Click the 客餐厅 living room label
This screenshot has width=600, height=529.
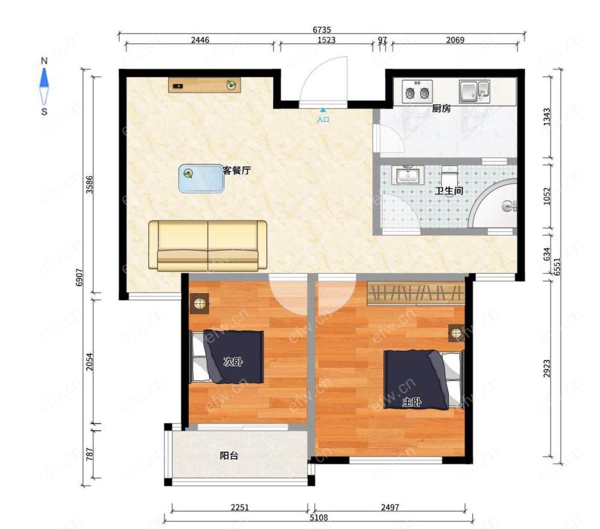coord(236,170)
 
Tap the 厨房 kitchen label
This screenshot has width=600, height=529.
coord(441,109)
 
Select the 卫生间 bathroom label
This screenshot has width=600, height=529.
coord(449,191)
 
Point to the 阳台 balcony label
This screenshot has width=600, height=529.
coord(229,456)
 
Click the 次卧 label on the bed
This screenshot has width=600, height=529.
coord(233,362)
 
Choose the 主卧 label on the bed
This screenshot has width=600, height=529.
coord(412,402)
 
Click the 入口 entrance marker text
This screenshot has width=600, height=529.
coord(323,120)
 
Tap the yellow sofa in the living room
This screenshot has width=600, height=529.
coord(208,245)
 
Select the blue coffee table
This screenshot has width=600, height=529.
coord(201,179)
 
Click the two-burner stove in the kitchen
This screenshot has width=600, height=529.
coord(417,91)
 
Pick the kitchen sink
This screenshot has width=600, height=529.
coord(475,91)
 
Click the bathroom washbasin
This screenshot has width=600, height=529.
coord(408,175)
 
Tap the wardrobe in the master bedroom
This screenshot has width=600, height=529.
coord(416,293)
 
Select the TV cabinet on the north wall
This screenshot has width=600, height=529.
coord(205,85)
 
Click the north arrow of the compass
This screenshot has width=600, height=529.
coord(44,78)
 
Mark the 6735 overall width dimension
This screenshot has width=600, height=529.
coord(322,29)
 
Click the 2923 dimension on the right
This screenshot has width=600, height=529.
coord(547,368)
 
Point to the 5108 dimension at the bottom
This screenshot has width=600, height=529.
coord(319,518)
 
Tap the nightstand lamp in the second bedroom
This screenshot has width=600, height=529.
coord(200,303)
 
